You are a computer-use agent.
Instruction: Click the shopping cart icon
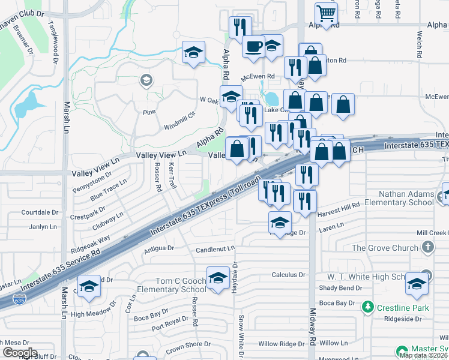pyautogui.click(x=326, y=13)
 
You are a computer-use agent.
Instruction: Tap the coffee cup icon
pyautogui.click(x=254, y=46)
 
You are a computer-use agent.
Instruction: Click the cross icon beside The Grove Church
pyautogui.click(x=427, y=247)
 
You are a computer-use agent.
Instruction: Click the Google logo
pyautogui.click(x=20, y=353)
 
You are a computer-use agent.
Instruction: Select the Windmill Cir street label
pyautogui.click(x=180, y=121)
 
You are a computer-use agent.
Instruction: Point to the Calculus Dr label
pyautogui.click(x=289, y=275)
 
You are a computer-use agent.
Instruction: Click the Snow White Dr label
pyautogui.click(x=241, y=332)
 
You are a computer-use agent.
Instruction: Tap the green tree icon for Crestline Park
pyautogui.click(x=368, y=308)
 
